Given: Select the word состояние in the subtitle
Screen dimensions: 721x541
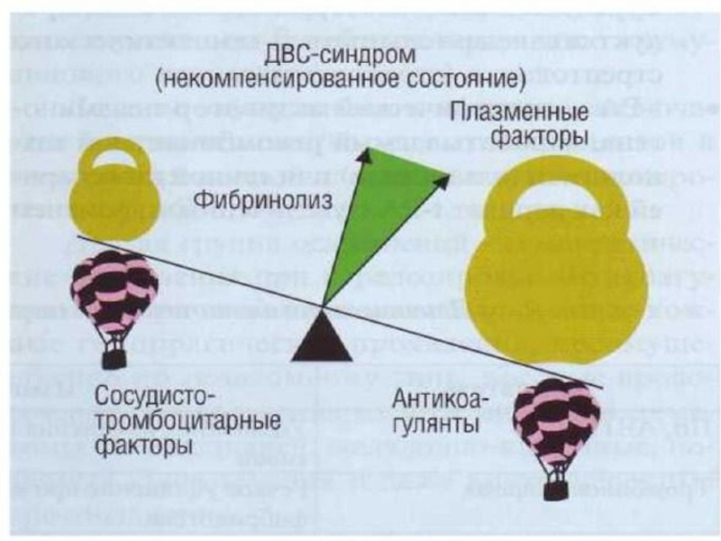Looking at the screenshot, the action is pyautogui.click(x=464, y=81).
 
